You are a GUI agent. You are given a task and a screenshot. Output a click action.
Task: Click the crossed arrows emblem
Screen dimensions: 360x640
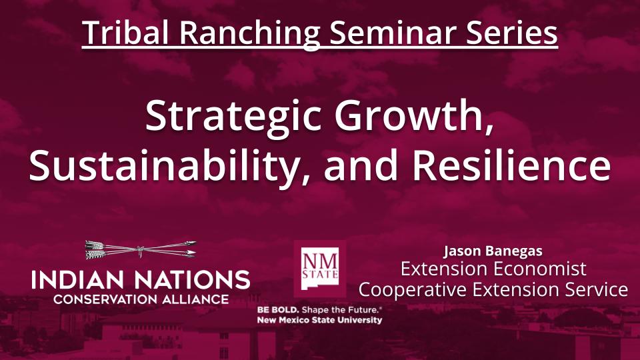point(141,250)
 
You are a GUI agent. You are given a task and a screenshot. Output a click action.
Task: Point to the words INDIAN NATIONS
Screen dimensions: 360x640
point(141,279)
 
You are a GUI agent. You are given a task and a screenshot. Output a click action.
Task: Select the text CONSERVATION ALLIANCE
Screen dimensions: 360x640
point(141,299)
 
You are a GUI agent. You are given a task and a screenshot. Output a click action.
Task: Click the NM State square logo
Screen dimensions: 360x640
point(320,268)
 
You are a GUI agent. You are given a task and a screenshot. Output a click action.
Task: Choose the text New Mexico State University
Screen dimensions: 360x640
point(320,320)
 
